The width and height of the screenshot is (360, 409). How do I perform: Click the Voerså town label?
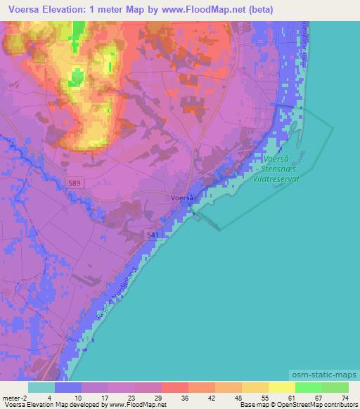point(182,197)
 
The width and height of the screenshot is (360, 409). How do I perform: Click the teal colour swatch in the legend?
point(41,387)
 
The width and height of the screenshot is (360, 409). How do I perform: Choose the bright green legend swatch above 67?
point(309,387)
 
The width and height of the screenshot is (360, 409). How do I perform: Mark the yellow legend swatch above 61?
point(282,387)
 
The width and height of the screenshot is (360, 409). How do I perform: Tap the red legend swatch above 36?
point(175,387)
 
